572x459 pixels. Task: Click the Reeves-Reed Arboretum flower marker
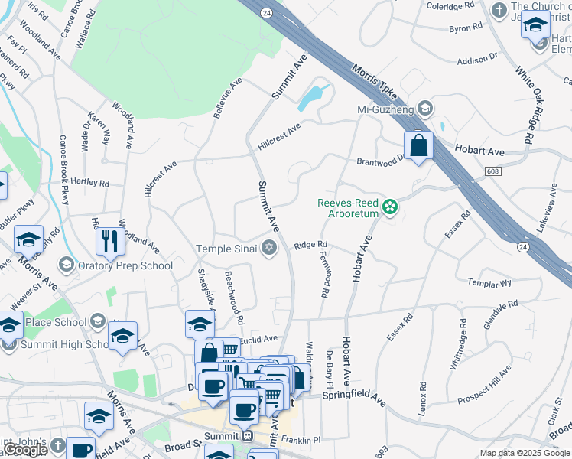[x=390, y=207]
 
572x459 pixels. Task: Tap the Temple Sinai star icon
[x=268, y=248]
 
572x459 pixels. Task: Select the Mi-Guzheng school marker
[x=425, y=109]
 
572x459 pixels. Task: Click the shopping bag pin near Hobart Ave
[x=419, y=145]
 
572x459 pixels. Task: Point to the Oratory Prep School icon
[x=66, y=265]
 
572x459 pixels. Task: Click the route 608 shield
[x=493, y=172]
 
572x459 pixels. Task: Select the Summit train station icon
[x=246, y=436]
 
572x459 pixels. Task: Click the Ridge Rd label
[x=310, y=246]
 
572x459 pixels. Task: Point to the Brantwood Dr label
[x=381, y=161]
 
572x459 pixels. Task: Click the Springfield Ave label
[x=353, y=395]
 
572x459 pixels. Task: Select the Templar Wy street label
[x=489, y=283]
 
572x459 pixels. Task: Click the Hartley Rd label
[x=90, y=184]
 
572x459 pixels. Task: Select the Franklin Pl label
[x=301, y=440]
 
